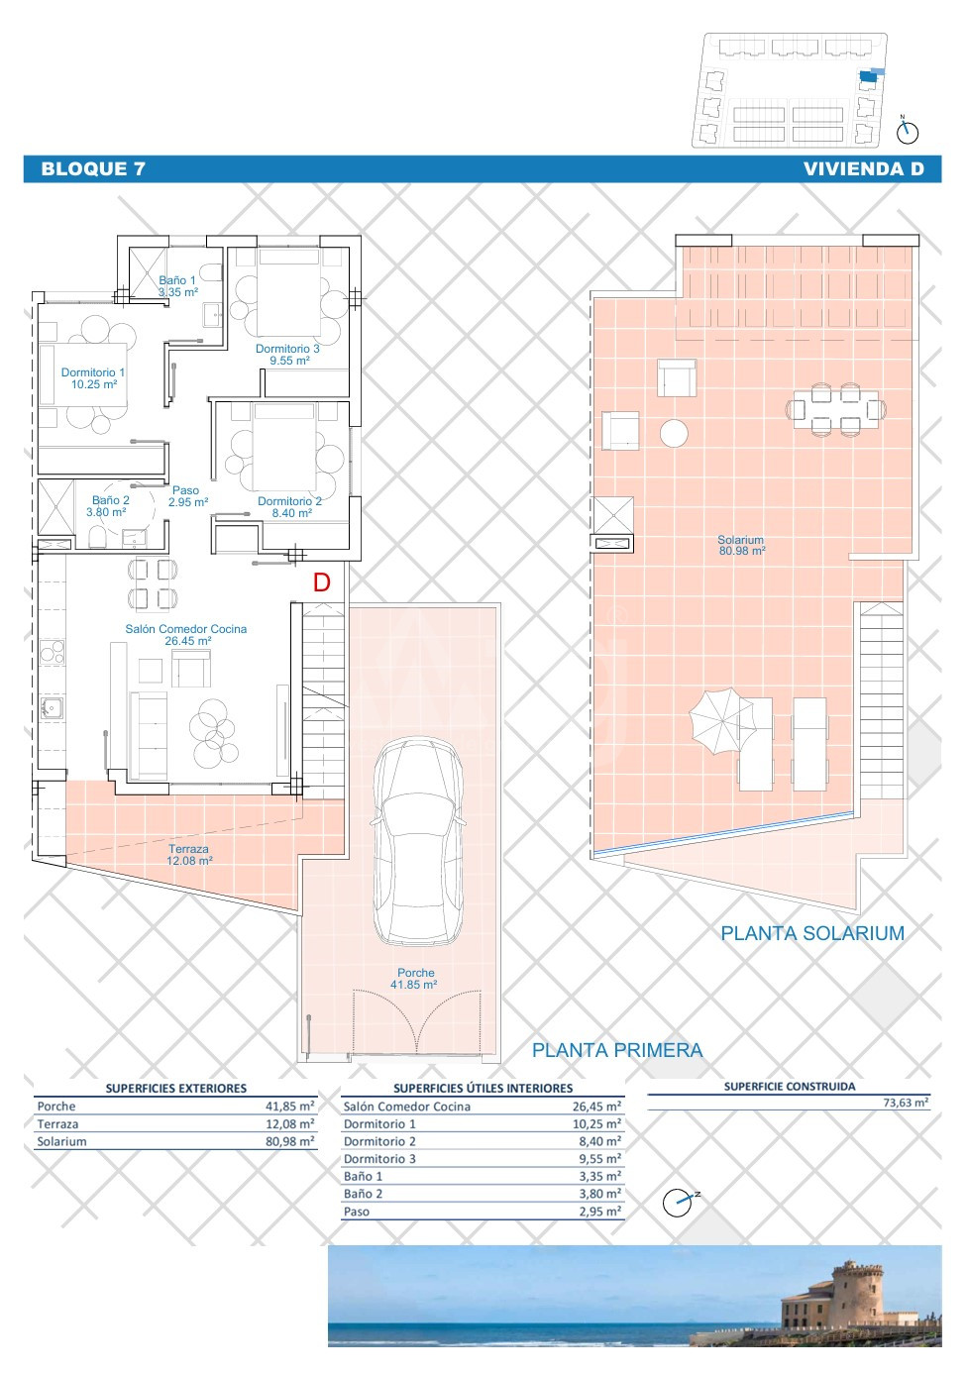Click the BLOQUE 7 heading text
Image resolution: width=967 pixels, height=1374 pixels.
[x=93, y=169]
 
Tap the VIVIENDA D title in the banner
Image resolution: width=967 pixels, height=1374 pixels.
[x=863, y=169]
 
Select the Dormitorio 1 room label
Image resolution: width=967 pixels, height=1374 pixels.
[x=93, y=378]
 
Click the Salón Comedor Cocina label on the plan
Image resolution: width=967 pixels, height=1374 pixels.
[x=186, y=635]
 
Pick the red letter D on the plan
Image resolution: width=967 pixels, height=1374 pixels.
[x=322, y=582]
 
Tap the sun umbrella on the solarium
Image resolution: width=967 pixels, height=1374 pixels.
[x=721, y=721]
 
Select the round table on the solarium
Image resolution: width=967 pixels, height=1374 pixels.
[x=674, y=433]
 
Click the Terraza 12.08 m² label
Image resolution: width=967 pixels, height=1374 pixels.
[x=189, y=855]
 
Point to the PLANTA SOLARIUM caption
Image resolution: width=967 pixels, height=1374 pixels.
[x=812, y=933]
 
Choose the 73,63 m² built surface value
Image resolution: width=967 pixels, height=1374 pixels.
[x=905, y=1103]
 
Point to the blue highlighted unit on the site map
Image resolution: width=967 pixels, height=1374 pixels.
[x=869, y=76]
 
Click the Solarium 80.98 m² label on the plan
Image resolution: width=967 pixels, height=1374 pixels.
[x=741, y=545]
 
